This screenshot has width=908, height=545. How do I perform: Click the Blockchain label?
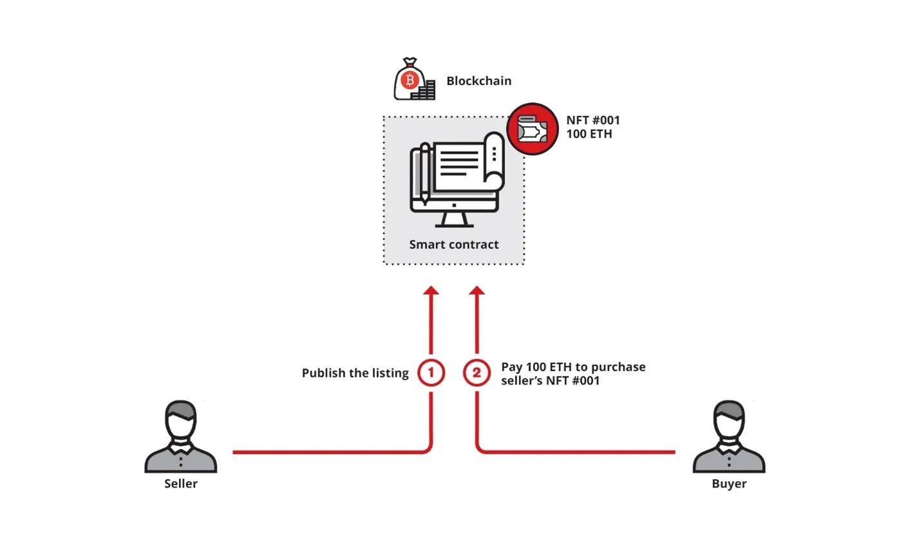click(478, 81)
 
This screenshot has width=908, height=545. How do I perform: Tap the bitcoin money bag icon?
click(408, 80)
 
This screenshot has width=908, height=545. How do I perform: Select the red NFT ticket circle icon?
click(532, 129)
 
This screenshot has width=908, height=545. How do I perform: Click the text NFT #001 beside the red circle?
click(593, 120)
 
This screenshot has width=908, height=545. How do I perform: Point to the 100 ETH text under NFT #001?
click(589, 134)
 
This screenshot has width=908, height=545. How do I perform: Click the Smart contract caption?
click(454, 245)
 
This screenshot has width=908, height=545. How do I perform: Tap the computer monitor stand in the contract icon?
click(454, 219)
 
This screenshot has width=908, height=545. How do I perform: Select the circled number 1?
click(431, 373)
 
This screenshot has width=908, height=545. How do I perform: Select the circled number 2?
click(477, 373)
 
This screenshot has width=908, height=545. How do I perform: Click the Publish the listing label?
click(355, 373)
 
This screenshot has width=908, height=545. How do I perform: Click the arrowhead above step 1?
click(431, 291)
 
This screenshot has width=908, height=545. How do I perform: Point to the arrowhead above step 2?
click(477, 291)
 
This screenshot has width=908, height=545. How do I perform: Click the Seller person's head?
click(181, 419)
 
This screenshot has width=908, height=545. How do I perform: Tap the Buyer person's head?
click(729, 419)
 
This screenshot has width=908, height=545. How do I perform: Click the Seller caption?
click(181, 484)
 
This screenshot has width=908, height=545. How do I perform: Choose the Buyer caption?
click(729, 484)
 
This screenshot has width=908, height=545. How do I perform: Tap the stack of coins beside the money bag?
click(424, 91)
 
